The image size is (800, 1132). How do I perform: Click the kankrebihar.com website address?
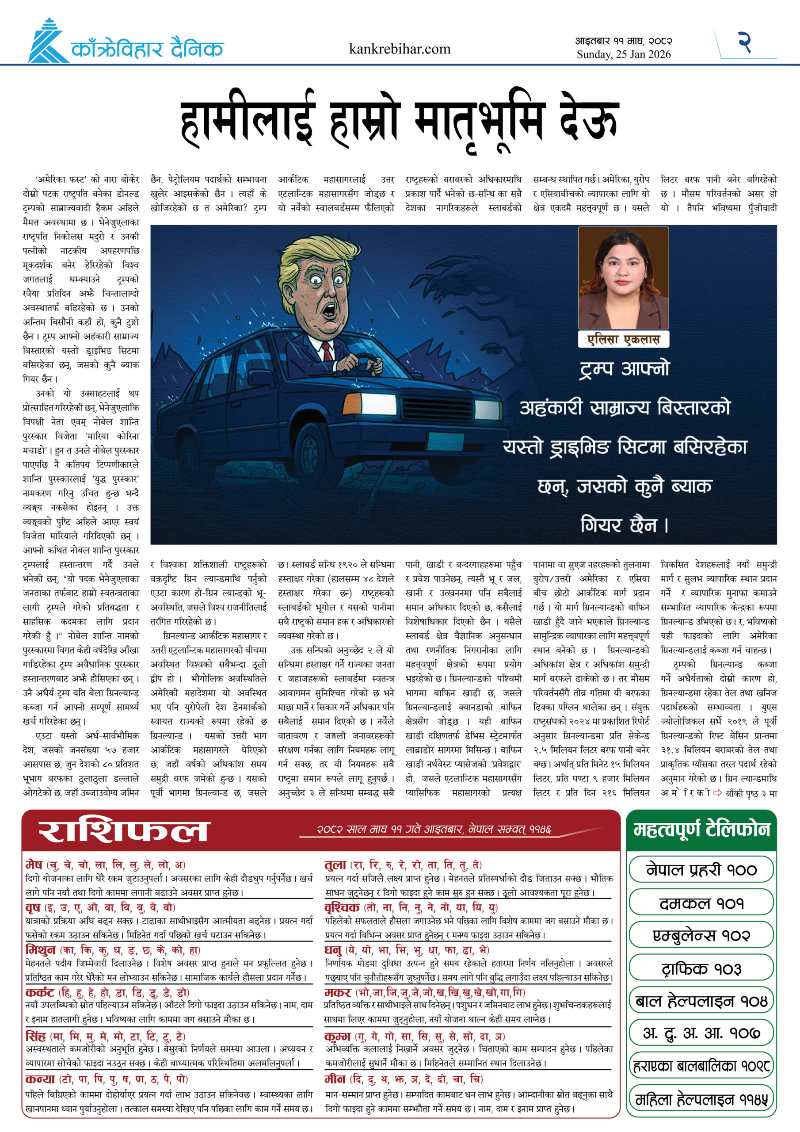(399, 49)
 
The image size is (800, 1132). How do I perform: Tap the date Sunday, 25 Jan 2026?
(624, 55)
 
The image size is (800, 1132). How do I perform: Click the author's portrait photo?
(623, 278)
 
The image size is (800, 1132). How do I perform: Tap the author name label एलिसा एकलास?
(623, 339)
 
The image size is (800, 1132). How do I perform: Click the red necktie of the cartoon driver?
(326, 351)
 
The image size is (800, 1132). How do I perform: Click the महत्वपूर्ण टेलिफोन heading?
(701, 830)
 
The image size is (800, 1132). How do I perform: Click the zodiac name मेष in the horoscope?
(34, 864)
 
